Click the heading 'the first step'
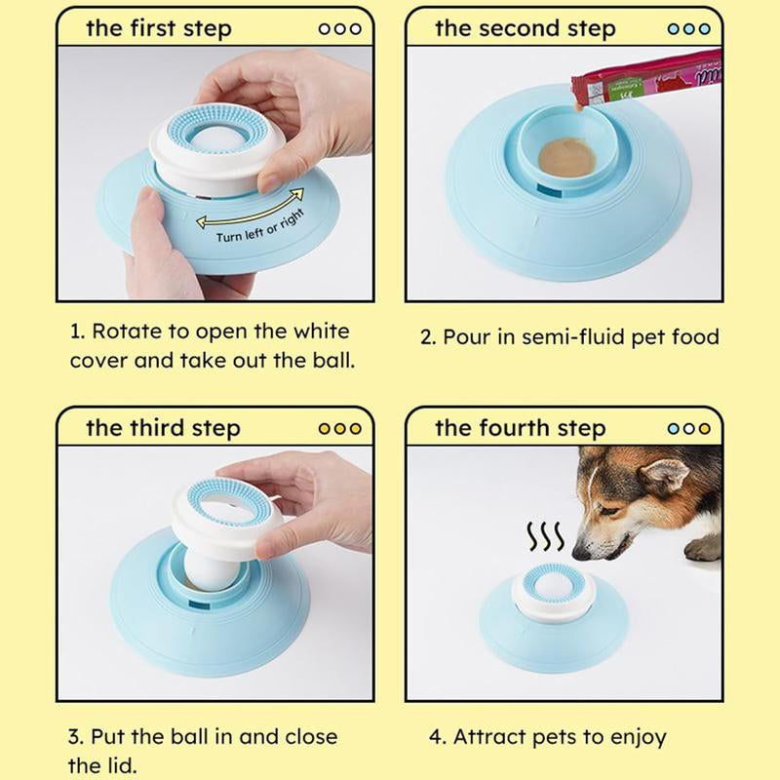click(159, 27)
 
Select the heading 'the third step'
click(162, 427)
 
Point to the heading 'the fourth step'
click(520, 427)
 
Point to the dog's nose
click(581, 553)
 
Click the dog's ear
click(666, 476)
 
